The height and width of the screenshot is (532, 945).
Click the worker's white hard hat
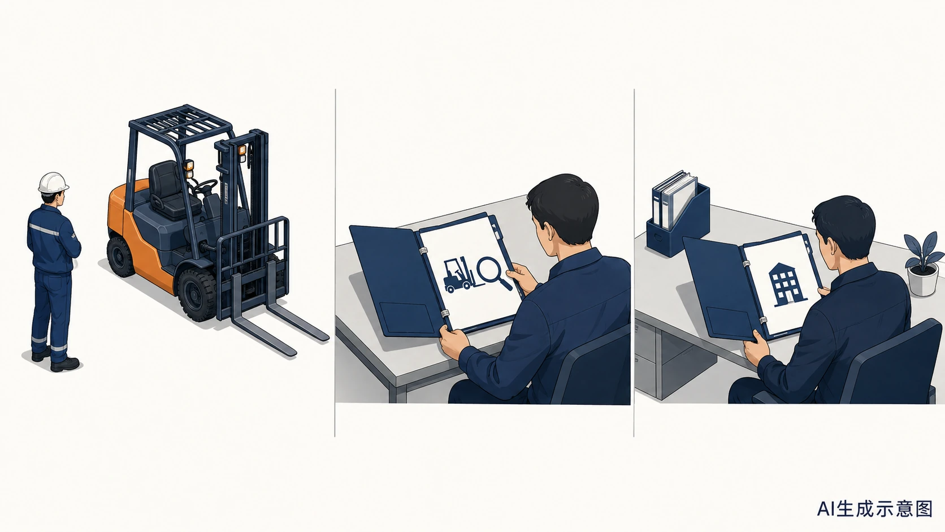click(x=53, y=183)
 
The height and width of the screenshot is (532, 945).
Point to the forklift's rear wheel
click(x=120, y=256)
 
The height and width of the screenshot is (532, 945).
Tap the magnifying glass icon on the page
click(x=493, y=273)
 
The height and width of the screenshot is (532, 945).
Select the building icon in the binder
click(x=786, y=284)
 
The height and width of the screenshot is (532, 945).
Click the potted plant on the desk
click(x=924, y=263)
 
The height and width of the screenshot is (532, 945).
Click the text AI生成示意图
click(x=874, y=509)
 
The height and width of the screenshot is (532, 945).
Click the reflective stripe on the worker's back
click(x=45, y=230)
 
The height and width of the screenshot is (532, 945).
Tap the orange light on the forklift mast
click(x=242, y=150)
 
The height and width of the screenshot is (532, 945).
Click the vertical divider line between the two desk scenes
click(x=634, y=262)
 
